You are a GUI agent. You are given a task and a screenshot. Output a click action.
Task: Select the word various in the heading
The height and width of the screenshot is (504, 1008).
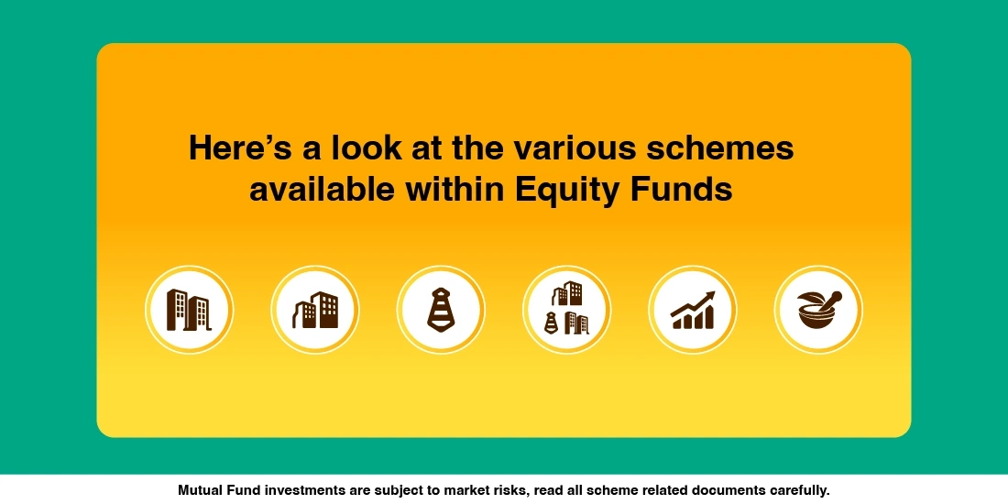pos(569,148)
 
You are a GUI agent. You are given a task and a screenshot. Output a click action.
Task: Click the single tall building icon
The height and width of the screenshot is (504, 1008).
pos(188,310)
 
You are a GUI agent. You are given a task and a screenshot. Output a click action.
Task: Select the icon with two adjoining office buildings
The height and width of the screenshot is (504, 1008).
pos(314,310)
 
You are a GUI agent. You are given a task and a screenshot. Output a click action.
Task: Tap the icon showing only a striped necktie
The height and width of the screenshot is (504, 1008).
pos(441,310)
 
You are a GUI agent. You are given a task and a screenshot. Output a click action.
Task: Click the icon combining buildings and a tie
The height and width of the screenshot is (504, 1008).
pos(566,310)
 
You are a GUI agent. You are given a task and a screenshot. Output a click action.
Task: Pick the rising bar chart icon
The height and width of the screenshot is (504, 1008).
pos(692,310)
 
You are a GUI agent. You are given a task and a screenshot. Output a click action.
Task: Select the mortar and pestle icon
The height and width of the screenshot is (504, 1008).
pos(818,310)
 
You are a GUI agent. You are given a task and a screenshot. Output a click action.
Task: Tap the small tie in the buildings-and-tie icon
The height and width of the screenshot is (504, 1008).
pos(552,322)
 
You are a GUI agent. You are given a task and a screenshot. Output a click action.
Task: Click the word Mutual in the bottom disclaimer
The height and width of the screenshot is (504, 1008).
pos(201,490)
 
